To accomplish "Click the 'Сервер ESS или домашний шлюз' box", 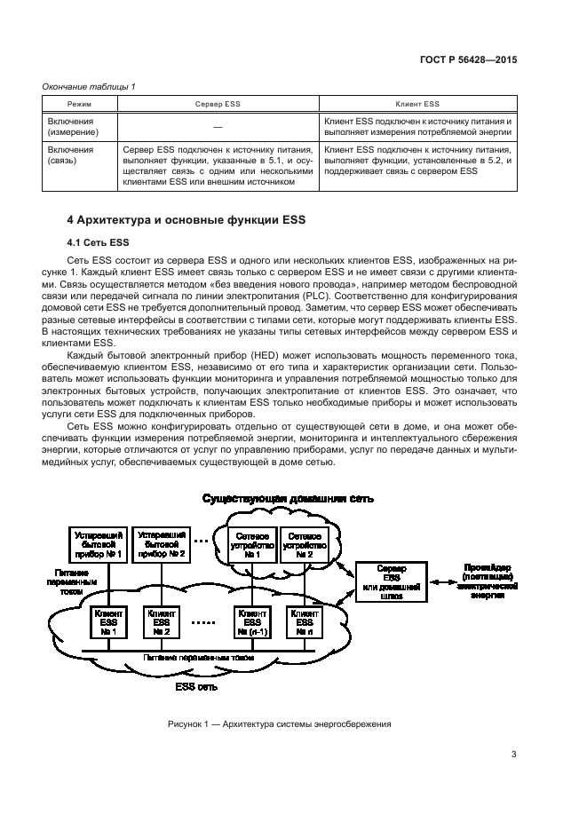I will [390, 582].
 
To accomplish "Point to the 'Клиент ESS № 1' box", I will [109, 622].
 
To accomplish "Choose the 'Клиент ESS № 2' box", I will [161, 622].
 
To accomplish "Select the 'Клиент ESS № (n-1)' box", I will [252, 622].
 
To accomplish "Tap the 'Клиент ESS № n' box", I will [305, 622].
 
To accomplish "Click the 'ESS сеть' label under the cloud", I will [196, 686].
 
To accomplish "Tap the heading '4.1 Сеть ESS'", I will [99, 241].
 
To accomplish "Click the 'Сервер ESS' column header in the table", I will [218, 104].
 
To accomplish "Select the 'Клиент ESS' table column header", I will [418, 104].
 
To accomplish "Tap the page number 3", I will [514, 755].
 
